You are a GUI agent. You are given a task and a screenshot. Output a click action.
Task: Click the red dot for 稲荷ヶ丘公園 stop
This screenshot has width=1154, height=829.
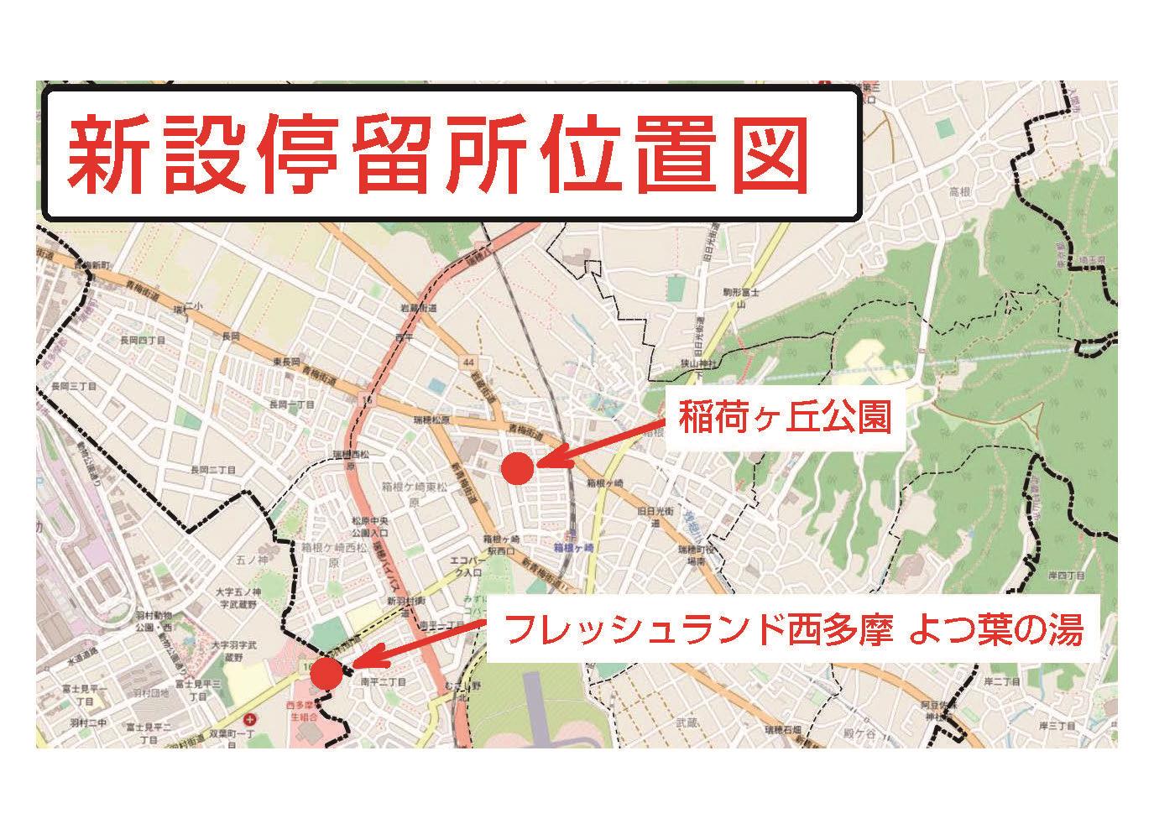pos(518,468)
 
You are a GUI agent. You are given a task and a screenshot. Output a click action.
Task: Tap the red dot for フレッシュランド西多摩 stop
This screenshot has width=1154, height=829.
pos(326,672)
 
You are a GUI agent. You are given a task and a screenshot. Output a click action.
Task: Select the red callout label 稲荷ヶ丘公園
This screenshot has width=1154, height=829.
pos(783,418)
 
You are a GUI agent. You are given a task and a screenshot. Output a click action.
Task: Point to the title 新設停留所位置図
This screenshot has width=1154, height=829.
pos(437,154)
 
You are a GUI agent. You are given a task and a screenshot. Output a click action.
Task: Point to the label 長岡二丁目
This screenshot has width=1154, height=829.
pos(211,470)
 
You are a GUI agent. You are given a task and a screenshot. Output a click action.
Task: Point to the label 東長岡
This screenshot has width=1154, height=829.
pos(287,362)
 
